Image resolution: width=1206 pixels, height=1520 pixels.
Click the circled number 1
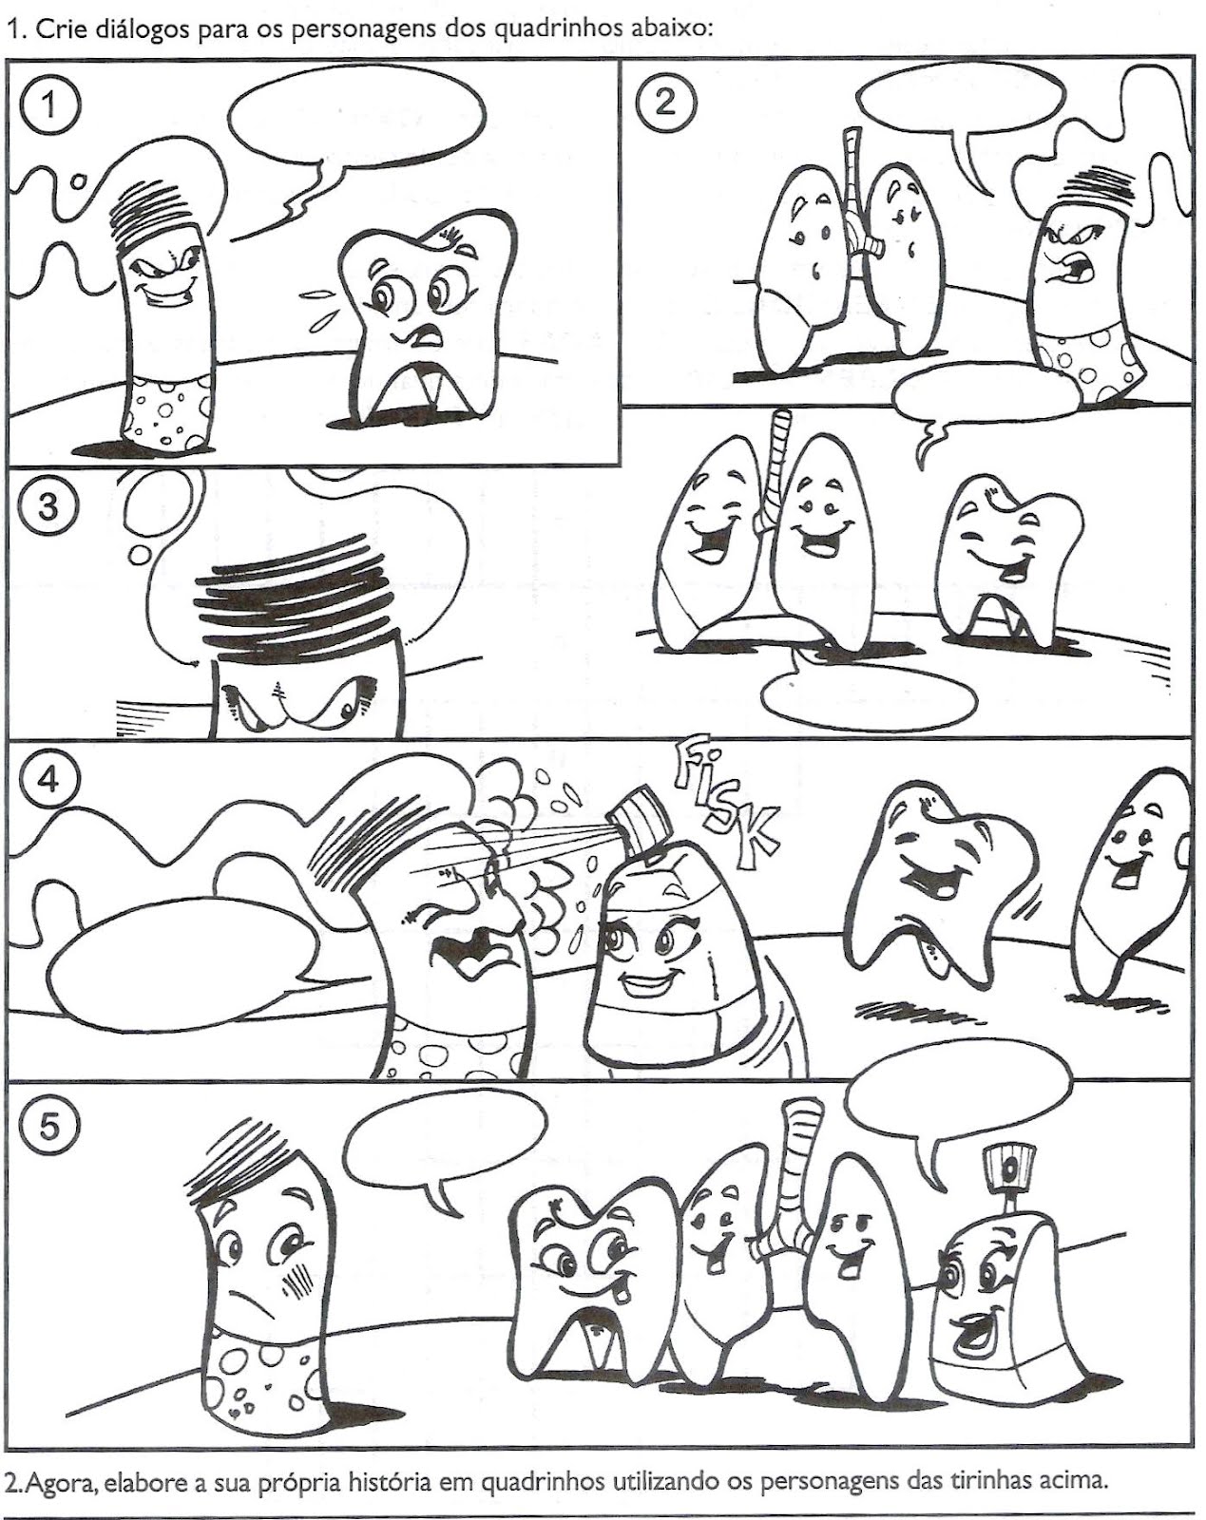pos(48,105)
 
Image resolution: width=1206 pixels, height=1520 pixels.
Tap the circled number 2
pos(665,104)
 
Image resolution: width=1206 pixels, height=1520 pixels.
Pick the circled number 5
pos(48,1128)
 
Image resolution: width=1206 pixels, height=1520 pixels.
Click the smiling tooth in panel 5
pos(590,1282)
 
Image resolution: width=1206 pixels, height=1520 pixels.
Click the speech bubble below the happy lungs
pos(869,695)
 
